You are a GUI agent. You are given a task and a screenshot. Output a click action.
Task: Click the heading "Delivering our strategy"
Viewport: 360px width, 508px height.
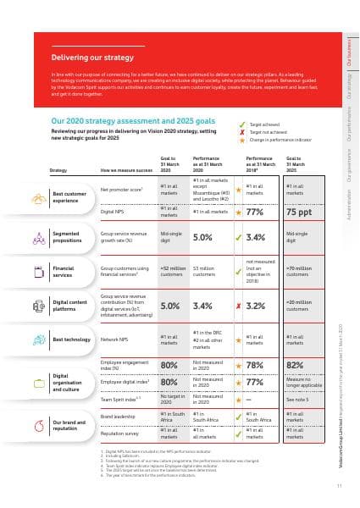pos(92,58)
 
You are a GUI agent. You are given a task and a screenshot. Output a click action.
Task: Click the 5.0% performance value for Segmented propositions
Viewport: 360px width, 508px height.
pos(202,238)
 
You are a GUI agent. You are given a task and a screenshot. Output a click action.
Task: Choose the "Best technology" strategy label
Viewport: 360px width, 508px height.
pos(71,340)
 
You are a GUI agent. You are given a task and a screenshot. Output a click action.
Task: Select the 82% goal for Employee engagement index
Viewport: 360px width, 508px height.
pos(296,367)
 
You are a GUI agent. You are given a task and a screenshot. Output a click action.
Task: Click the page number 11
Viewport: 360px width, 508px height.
pos(339,485)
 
